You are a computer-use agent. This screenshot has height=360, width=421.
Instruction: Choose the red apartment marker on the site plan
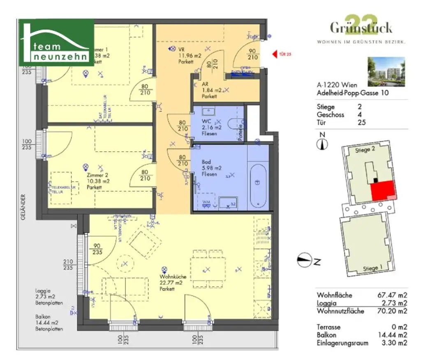383,191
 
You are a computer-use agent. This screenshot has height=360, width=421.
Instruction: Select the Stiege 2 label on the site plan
365,150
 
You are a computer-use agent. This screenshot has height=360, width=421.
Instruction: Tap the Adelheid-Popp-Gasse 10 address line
352,93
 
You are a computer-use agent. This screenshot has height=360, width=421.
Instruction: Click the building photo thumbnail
386,72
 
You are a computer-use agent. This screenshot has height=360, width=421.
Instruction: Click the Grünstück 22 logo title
361,28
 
